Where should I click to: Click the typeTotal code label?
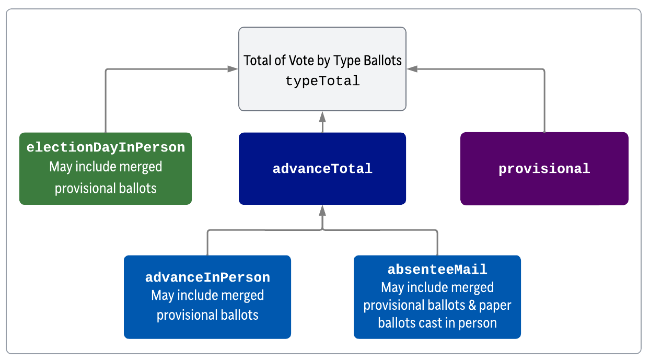pos(322,81)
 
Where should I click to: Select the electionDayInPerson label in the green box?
pos(106,147)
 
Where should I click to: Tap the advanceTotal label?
pos(322,169)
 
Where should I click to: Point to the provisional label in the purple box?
pos(544,169)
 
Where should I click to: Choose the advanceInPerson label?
pos(207,277)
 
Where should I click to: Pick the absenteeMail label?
pos(437,270)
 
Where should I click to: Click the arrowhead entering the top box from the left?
pos(233,69)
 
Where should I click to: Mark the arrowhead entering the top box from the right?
pos(412,69)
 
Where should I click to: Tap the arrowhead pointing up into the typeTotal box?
pos(322,117)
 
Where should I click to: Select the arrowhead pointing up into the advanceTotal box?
pos(322,211)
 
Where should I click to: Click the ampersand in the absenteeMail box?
pos(472,305)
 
